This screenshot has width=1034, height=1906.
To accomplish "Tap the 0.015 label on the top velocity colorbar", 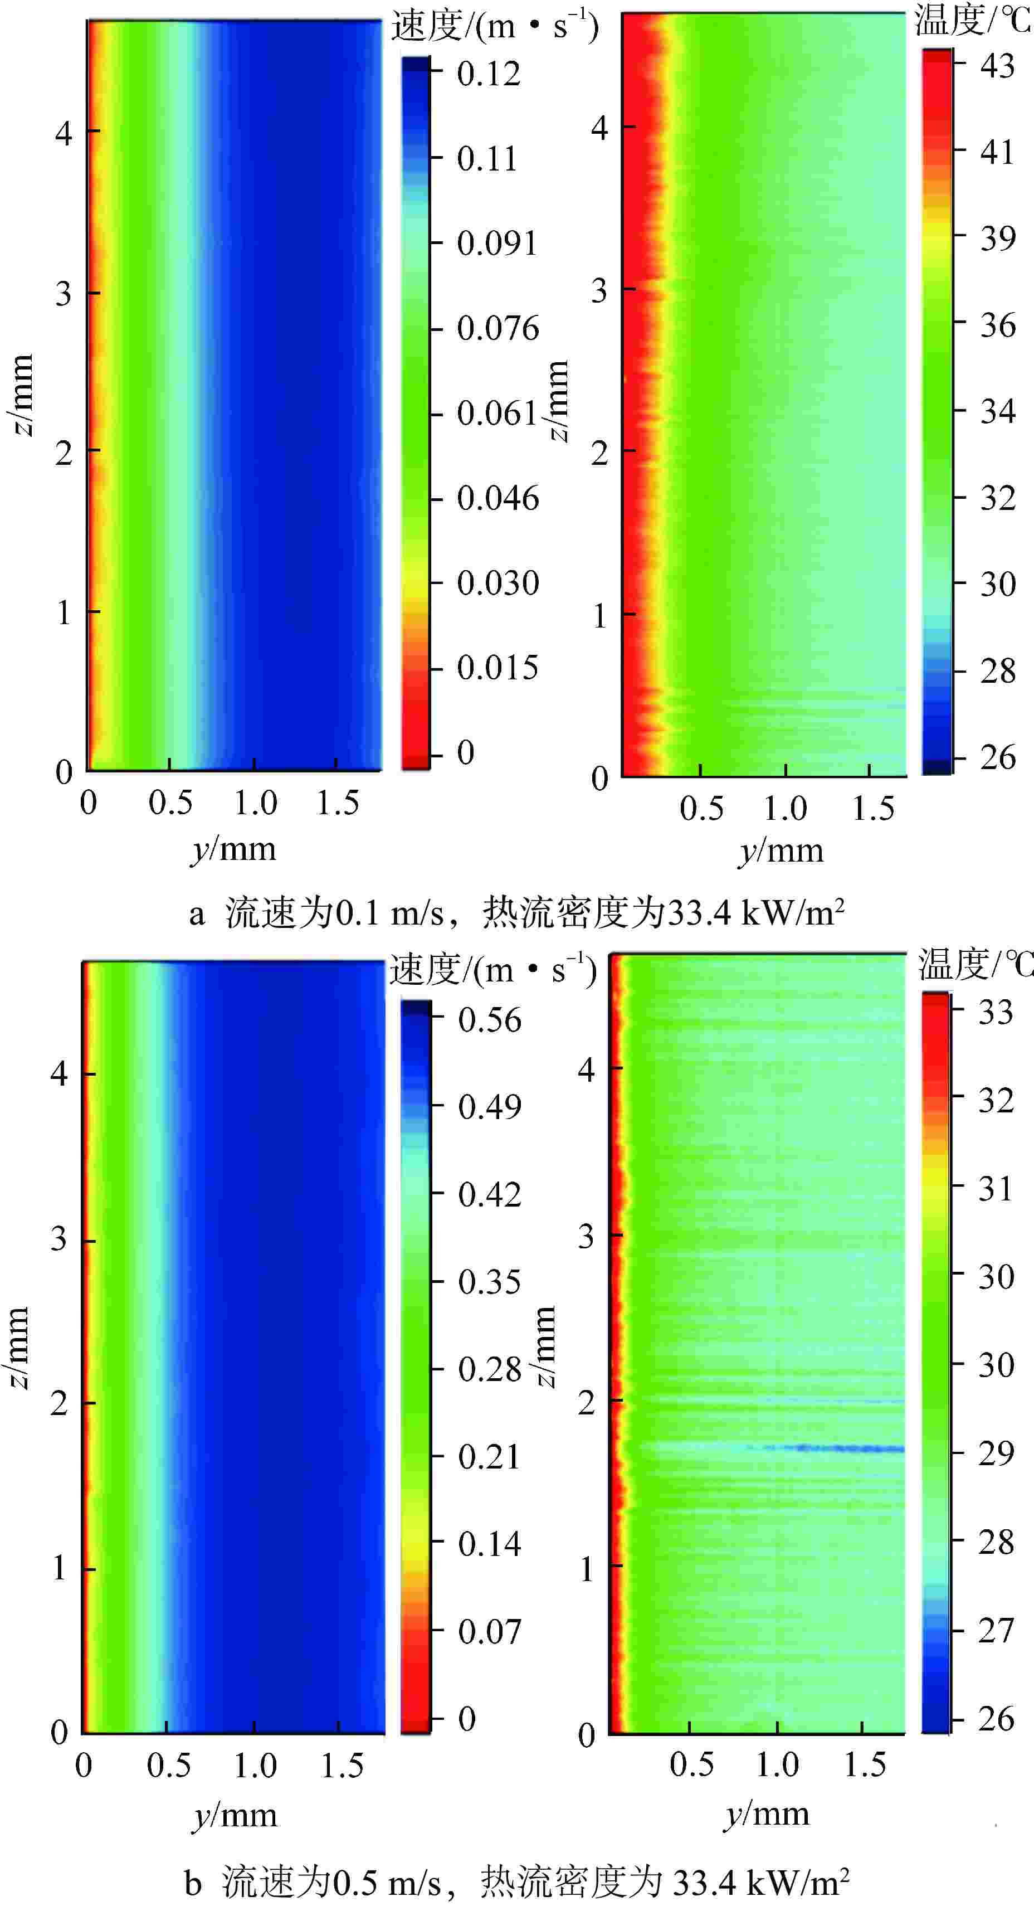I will pos(497,668).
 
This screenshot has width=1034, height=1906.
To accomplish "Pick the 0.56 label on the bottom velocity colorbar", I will pos(489,1019).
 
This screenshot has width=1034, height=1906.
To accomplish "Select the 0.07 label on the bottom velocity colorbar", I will pos(489,1631).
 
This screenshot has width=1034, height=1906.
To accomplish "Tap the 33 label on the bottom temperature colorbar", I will pos(995,1012).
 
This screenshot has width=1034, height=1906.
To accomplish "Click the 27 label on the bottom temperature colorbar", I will pos(995,1631).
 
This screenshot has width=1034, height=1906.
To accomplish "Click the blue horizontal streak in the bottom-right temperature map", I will pos(851,1448).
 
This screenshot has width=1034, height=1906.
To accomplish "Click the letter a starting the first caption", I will pos(196,915).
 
